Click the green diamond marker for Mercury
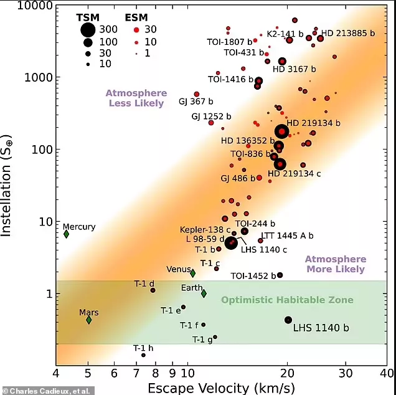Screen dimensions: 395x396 66,234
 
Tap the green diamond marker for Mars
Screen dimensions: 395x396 89,320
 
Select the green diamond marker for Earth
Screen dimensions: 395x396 204,293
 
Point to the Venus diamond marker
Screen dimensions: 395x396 193,273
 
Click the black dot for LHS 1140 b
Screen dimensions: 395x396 288,320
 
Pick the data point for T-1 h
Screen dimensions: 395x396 143,355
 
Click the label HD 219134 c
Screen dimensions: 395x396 294,174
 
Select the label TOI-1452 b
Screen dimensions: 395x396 253,276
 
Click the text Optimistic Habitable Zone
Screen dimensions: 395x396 287,300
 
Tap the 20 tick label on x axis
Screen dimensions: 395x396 287,374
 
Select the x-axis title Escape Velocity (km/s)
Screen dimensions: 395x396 221,388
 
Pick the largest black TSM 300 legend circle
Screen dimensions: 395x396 88,29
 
